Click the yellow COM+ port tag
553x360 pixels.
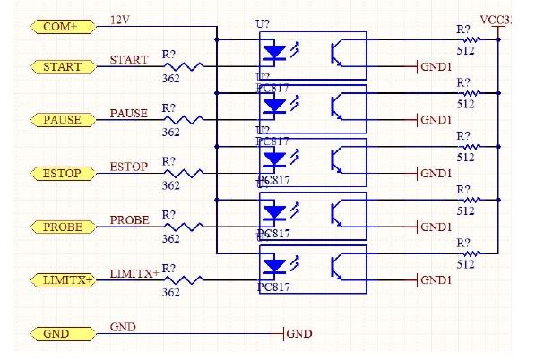61,27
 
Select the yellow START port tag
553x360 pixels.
61,66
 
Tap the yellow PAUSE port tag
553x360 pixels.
61,120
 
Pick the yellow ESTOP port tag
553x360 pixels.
61,173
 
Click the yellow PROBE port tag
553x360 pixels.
61,227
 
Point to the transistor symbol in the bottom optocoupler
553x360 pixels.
339,267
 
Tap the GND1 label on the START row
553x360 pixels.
436,66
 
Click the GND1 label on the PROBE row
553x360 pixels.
436,227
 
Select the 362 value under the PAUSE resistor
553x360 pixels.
170,133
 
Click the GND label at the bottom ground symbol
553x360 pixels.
300,334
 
